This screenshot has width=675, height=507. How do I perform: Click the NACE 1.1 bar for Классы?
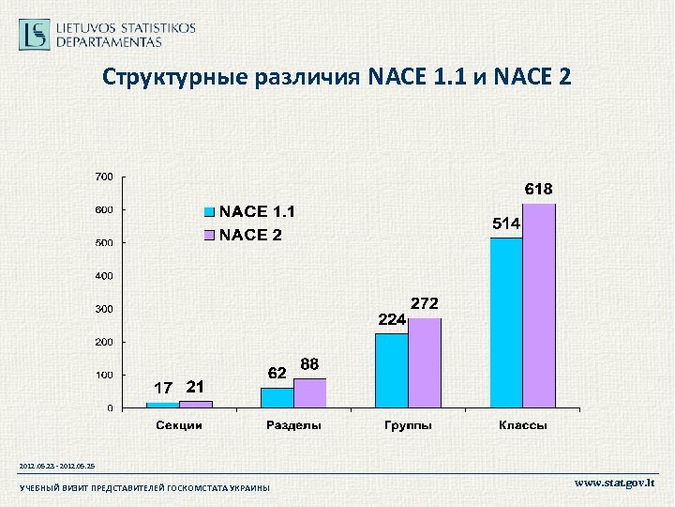tap(506, 322)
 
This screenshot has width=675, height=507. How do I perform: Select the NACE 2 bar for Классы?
tap(539, 305)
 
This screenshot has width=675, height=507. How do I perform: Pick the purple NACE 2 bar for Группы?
tap(424, 362)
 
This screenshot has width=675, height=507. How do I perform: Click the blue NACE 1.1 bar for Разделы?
tap(277, 397)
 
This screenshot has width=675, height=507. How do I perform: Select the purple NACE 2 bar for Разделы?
tap(309, 392)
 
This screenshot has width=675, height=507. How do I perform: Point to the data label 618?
tap(538, 189)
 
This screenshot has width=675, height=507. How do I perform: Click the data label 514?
tap(507, 224)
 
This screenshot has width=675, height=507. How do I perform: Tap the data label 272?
tap(424, 303)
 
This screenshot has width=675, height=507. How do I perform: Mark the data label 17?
tap(163, 387)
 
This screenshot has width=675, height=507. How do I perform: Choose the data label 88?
tap(310, 363)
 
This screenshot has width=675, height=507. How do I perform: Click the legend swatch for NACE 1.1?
tap(211, 212)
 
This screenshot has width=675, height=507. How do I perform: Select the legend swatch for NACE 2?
tap(211, 235)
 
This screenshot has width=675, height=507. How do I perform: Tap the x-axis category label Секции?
tap(178, 425)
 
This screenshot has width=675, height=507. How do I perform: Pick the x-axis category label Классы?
tap(522, 425)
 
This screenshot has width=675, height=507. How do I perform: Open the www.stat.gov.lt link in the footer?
tap(614, 484)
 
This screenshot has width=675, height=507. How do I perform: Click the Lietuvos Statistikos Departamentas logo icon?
tap(35, 35)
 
